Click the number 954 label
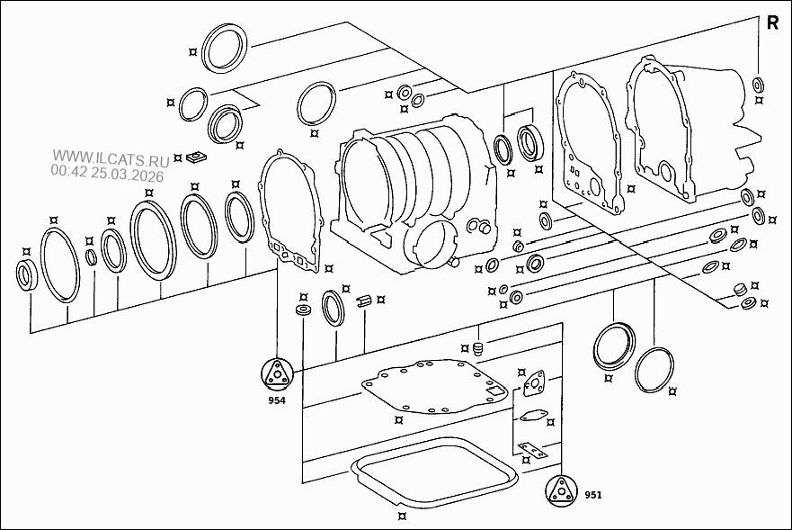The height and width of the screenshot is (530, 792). coord(277,400)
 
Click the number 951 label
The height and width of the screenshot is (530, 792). coord(593,495)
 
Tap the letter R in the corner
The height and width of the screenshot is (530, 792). coord(772,23)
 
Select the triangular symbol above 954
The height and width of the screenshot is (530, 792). coord(277,373)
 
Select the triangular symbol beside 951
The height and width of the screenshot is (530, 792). coord(561,490)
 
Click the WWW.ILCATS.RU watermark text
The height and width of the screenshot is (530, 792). coord(111,158)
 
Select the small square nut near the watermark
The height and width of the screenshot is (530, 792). coord(196,157)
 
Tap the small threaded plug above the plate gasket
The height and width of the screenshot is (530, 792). coord(478,348)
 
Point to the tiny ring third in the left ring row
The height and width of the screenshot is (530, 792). coord(91,257)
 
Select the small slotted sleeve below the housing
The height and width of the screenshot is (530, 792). coord(365,301)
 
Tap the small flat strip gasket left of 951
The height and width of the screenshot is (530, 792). coord(531,449)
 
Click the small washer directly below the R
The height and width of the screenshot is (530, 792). coord(758,85)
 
